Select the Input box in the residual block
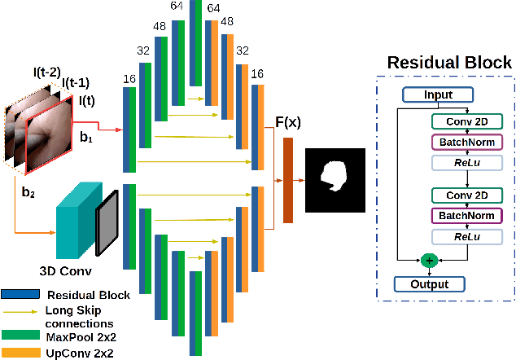[437, 95]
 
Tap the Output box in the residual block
[430, 284]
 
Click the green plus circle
[429, 260]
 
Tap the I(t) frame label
[86, 101]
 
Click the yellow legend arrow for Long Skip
[22, 310]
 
